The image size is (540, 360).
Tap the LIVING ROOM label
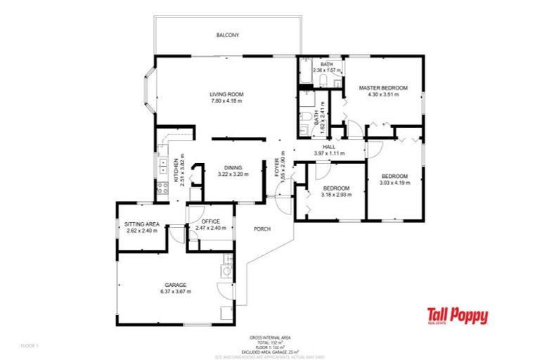coord(226,94)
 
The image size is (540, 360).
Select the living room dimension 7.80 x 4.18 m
coord(226,101)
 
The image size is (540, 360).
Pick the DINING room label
coord(233,167)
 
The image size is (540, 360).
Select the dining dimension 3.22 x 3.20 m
coord(233,174)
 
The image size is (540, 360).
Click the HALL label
coord(328,146)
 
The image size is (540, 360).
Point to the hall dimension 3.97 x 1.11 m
coord(328,153)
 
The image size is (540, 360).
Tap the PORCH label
coord(262,229)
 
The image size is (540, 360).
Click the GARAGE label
coord(176,285)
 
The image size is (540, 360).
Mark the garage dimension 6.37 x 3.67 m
coord(176,291)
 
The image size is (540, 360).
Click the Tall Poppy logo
coord(458,316)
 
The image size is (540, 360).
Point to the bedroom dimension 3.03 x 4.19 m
coord(394,183)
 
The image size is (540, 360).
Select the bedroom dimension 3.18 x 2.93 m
coord(337,195)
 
